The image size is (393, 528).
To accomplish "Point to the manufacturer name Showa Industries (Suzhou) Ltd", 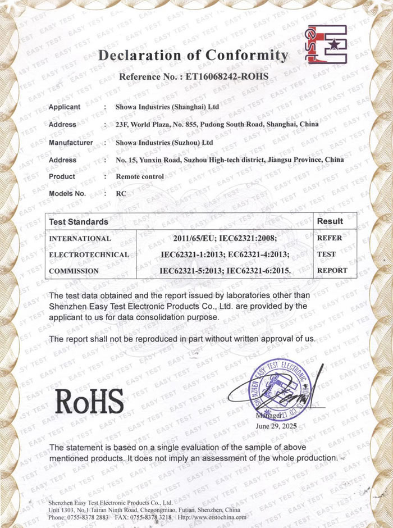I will click(x=164, y=143).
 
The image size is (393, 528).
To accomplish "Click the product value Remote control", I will click(x=139, y=176).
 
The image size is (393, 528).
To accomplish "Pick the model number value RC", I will click(x=120, y=193).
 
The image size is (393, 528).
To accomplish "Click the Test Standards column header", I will click(x=79, y=222).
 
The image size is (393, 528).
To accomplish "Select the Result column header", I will click(x=330, y=221).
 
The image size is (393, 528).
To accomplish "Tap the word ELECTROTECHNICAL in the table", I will click(x=89, y=254).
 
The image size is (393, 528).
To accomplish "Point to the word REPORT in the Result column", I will click(x=332, y=271).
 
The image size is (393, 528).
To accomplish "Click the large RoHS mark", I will click(x=90, y=401).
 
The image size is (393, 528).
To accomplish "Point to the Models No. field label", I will click(x=67, y=193).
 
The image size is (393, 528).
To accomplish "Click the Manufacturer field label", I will click(x=71, y=143).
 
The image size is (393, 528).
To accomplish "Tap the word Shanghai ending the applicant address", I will click(x=286, y=124).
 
